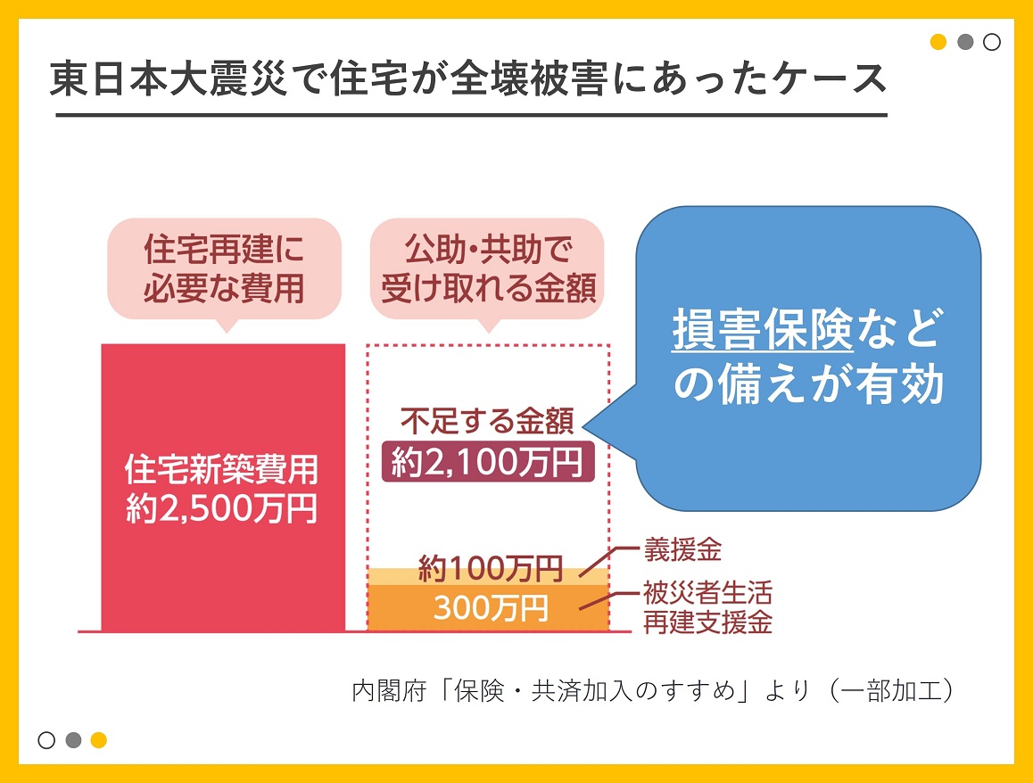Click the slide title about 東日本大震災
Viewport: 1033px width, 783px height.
tap(468, 79)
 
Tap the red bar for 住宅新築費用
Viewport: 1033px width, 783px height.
tap(223, 487)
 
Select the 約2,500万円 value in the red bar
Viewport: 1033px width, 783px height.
tap(222, 508)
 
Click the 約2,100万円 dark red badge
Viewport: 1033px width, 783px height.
tap(488, 462)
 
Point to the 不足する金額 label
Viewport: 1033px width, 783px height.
tap(488, 421)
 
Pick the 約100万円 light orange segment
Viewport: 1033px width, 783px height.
tap(488, 576)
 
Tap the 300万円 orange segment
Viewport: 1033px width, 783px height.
tap(488, 608)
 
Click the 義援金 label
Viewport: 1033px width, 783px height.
tap(682, 549)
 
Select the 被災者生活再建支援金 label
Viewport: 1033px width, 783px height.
tap(707, 607)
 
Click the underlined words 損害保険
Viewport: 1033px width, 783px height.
tap(763, 329)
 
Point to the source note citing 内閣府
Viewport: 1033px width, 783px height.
tap(653, 691)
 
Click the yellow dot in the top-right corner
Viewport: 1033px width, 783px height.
tap(938, 42)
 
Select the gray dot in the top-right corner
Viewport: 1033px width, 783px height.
tap(965, 42)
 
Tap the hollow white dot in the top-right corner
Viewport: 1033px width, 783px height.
tap(991, 42)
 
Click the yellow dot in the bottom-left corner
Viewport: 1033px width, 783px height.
tap(99, 740)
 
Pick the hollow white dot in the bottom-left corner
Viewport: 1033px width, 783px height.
tap(46, 740)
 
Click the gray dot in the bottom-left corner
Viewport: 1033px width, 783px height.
tap(73, 740)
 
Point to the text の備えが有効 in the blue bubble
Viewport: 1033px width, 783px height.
tap(809, 384)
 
